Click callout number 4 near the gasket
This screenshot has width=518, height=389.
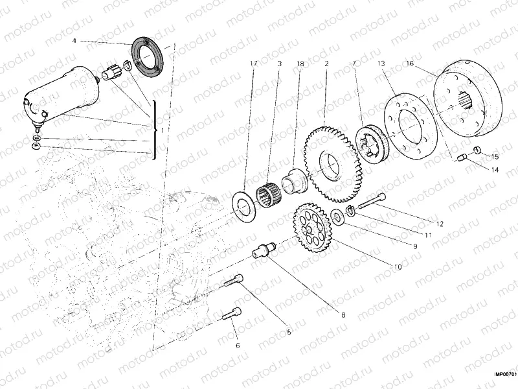(x=74, y=40)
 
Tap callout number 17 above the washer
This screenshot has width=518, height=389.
(x=253, y=64)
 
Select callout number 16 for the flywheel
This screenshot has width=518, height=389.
(x=410, y=64)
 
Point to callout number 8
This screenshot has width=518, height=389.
(x=343, y=314)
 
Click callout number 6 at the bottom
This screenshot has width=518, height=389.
(x=238, y=346)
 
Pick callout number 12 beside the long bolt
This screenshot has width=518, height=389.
(x=440, y=224)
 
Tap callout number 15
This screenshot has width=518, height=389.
(x=495, y=157)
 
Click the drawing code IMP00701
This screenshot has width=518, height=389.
(x=505, y=374)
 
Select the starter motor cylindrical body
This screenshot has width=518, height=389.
(x=58, y=91)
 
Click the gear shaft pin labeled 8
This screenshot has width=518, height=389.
(x=264, y=250)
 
